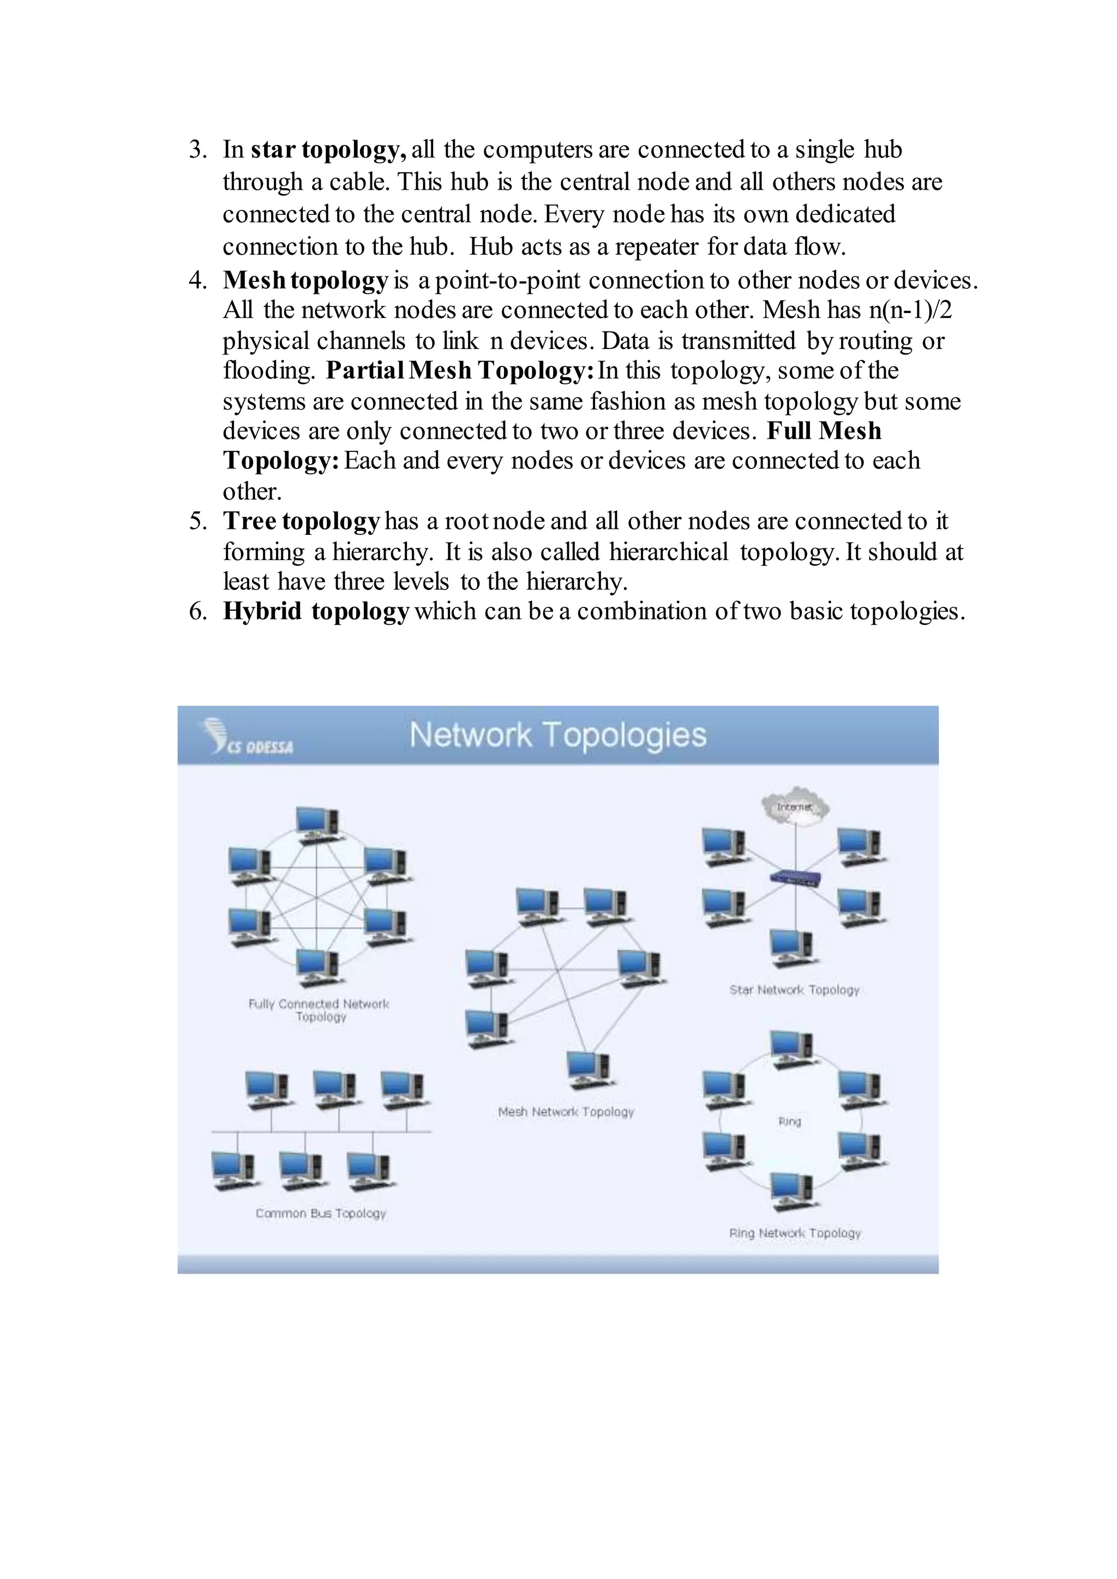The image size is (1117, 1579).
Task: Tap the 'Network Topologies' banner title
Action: pos(558,735)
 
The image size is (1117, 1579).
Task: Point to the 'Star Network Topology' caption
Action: pos(795,990)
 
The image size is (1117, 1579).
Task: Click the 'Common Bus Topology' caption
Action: pos(321,1213)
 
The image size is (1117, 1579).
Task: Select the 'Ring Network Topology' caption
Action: pos(795,1233)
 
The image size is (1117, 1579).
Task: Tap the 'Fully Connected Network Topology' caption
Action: pos(319,1010)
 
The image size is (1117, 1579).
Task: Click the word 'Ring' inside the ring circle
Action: pos(790,1121)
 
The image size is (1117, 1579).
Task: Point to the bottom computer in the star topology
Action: pos(792,948)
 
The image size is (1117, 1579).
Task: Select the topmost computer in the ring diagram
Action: pos(792,1050)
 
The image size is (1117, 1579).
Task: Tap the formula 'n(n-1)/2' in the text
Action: pos(910,310)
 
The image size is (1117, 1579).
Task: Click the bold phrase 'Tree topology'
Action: pos(301,521)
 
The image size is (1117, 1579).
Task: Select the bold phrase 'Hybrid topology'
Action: pos(316,611)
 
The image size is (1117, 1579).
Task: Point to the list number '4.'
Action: pos(198,281)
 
